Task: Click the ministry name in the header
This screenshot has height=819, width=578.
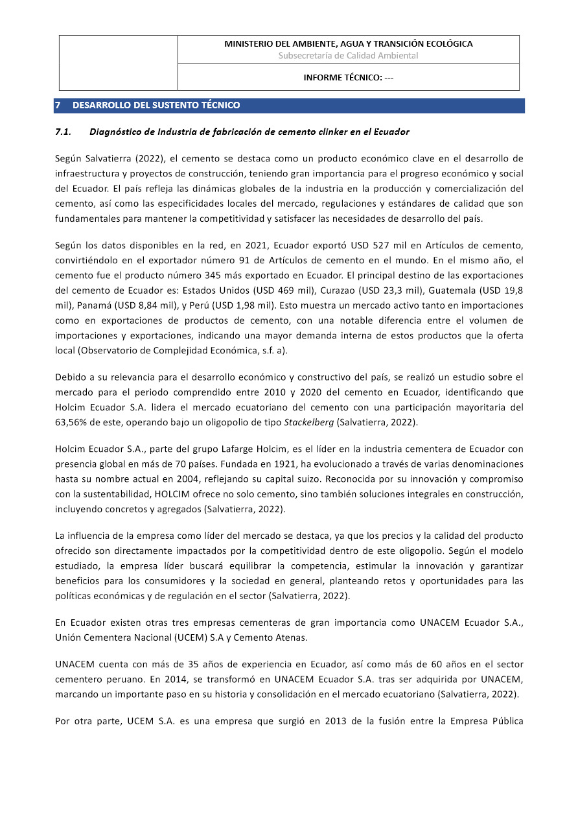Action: (x=348, y=44)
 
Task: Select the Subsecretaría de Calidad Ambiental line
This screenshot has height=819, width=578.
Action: (x=348, y=56)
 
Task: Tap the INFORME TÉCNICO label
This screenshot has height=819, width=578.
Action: (x=348, y=78)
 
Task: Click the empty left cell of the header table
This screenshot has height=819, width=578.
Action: (x=119, y=63)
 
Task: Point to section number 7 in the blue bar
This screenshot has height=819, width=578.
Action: (x=58, y=105)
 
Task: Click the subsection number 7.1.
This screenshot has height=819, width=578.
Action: (x=63, y=132)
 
